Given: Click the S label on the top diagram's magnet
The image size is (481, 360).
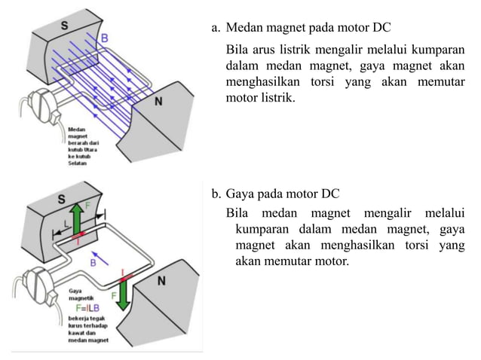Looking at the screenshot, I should (x=64, y=26).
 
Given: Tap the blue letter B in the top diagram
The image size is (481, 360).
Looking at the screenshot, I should (x=104, y=37).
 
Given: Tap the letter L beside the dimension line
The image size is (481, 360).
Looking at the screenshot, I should (x=67, y=224).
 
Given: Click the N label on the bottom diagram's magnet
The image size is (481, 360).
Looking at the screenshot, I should (x=161, y=281).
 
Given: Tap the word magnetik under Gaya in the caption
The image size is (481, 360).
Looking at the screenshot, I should (x=81, y=298).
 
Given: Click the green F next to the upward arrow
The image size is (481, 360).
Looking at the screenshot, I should (x=88, y=205).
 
